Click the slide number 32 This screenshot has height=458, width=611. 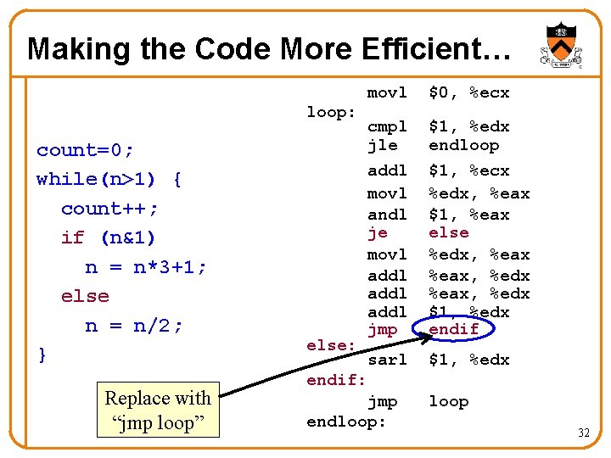(x=583, y=433)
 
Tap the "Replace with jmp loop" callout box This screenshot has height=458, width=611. (x=158, y=411)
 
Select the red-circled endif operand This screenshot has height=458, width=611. (x=454, y=329)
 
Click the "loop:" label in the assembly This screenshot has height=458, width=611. (x=332, y=112)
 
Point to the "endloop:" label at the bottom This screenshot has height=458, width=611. (x=345, y=421)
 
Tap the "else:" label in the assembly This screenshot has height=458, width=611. (x=330, y=345)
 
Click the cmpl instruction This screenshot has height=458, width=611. (x=386, y=127)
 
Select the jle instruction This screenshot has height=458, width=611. (x=382, y=145)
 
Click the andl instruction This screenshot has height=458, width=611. (x=386, y=215)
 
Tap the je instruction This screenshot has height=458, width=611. (x=377, y=232)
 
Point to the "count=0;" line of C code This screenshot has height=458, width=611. (x=85, y=150)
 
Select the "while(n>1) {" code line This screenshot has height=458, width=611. (x=109, y=179)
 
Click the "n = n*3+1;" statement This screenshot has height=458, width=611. (x=146, y=267)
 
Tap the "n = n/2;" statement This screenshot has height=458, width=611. (x=134, y=326)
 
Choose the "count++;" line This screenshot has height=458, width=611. (x=109, y=209)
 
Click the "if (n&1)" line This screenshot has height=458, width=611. (x=108, y=237)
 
